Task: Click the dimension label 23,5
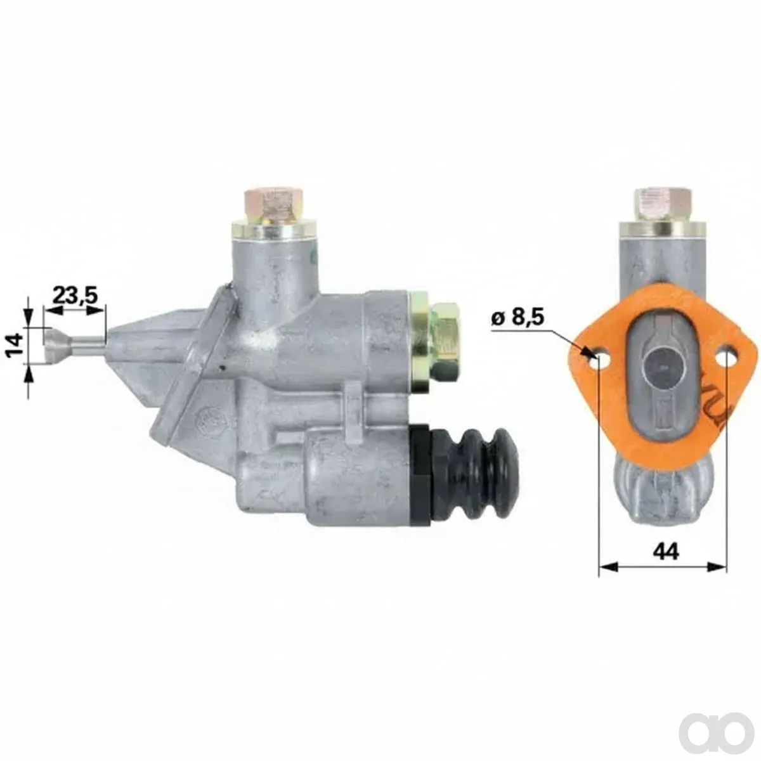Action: [74, 295]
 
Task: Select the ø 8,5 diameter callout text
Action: [517, 318]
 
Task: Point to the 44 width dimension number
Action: [667, 551]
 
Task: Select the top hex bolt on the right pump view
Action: [663, 205]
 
